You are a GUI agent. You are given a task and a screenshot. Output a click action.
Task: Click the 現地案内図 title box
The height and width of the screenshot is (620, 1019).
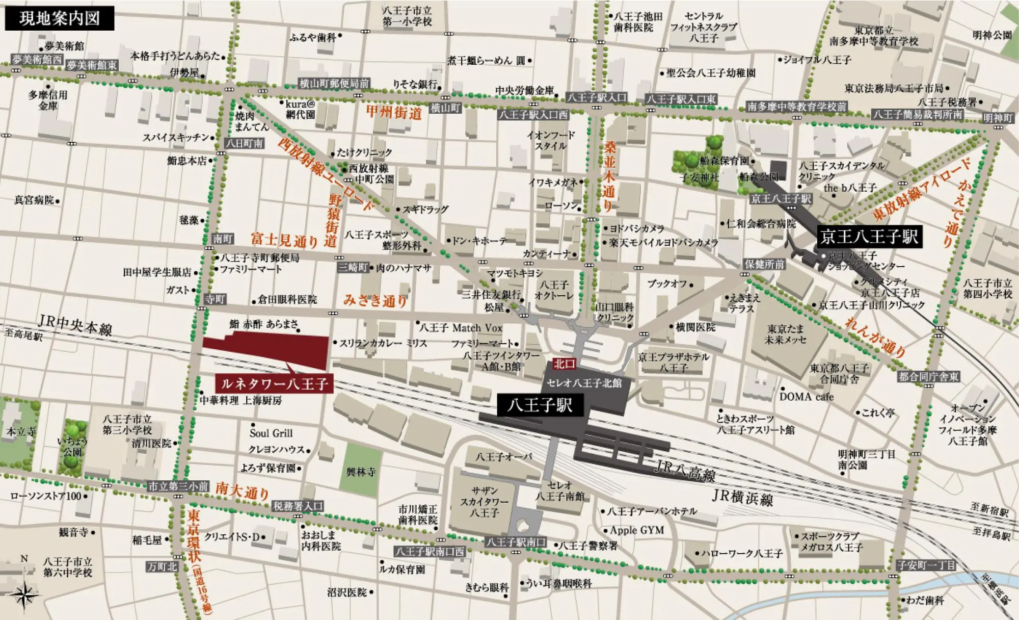(59, 19)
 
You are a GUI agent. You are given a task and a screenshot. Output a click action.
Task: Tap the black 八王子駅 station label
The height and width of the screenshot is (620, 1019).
(540, 405)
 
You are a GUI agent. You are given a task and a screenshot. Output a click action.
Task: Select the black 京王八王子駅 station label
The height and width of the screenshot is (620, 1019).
(869, 237)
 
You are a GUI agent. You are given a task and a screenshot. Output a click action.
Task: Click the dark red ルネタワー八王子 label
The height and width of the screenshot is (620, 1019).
(275, 383)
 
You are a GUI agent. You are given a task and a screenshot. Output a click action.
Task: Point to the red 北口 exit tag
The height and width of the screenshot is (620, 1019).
(565, 364)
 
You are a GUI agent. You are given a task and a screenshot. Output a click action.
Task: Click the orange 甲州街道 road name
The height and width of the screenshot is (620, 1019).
(394, 113)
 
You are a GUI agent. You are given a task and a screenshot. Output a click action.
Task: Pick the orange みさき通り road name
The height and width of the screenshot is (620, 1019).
(375, 300)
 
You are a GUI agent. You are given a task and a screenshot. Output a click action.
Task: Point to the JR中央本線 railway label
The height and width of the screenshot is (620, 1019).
(75, 325)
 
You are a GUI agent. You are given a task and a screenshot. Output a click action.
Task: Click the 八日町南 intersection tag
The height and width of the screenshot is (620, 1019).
(245, 144)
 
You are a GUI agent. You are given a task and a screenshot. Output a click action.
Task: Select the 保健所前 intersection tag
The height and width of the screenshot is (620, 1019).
(764, 264)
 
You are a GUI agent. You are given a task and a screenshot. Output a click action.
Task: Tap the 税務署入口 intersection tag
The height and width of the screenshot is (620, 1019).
(298, 506)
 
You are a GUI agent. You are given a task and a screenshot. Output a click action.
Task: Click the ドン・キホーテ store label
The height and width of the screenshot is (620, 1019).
(479, 241)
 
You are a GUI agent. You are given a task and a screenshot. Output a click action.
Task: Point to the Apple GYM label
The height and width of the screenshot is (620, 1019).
(636, 530)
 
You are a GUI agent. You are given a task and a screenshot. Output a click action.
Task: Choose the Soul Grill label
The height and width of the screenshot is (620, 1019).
(271, 433)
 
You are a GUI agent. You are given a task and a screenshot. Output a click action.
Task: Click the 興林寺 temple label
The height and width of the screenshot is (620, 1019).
(361, 472)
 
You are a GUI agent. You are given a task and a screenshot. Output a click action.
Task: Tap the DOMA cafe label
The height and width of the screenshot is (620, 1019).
(806, 397)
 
